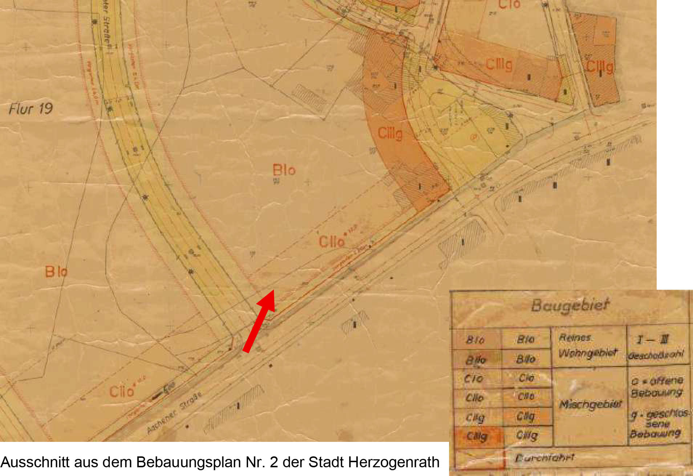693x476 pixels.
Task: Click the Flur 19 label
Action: coord(31,109)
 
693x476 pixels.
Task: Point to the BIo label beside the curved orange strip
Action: coord(284,170)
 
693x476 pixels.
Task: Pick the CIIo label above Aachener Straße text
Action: coord(122,391)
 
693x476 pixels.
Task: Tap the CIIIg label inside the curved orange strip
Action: coord(390,133)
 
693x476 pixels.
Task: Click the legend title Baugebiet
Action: coord(570,305)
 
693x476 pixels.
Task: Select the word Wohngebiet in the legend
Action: coord(588,353)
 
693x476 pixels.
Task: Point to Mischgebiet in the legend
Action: coord(590,404)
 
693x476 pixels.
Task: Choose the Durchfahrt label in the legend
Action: coord(544,458)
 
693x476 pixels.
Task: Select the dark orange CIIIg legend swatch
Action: coord(477,436)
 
